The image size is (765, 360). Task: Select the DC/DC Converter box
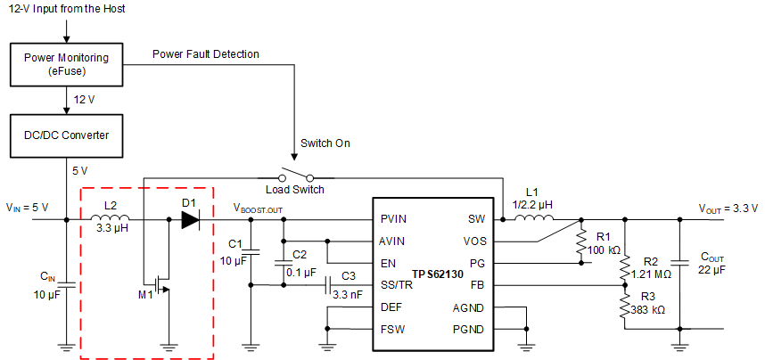point(66,134)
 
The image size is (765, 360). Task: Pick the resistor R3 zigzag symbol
point(625,307)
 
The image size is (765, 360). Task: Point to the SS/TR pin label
point(398,285)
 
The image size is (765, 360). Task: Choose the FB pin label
point(478,285)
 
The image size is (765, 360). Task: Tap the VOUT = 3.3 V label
point(728,208)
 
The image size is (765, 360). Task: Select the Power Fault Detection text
point(205,54)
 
